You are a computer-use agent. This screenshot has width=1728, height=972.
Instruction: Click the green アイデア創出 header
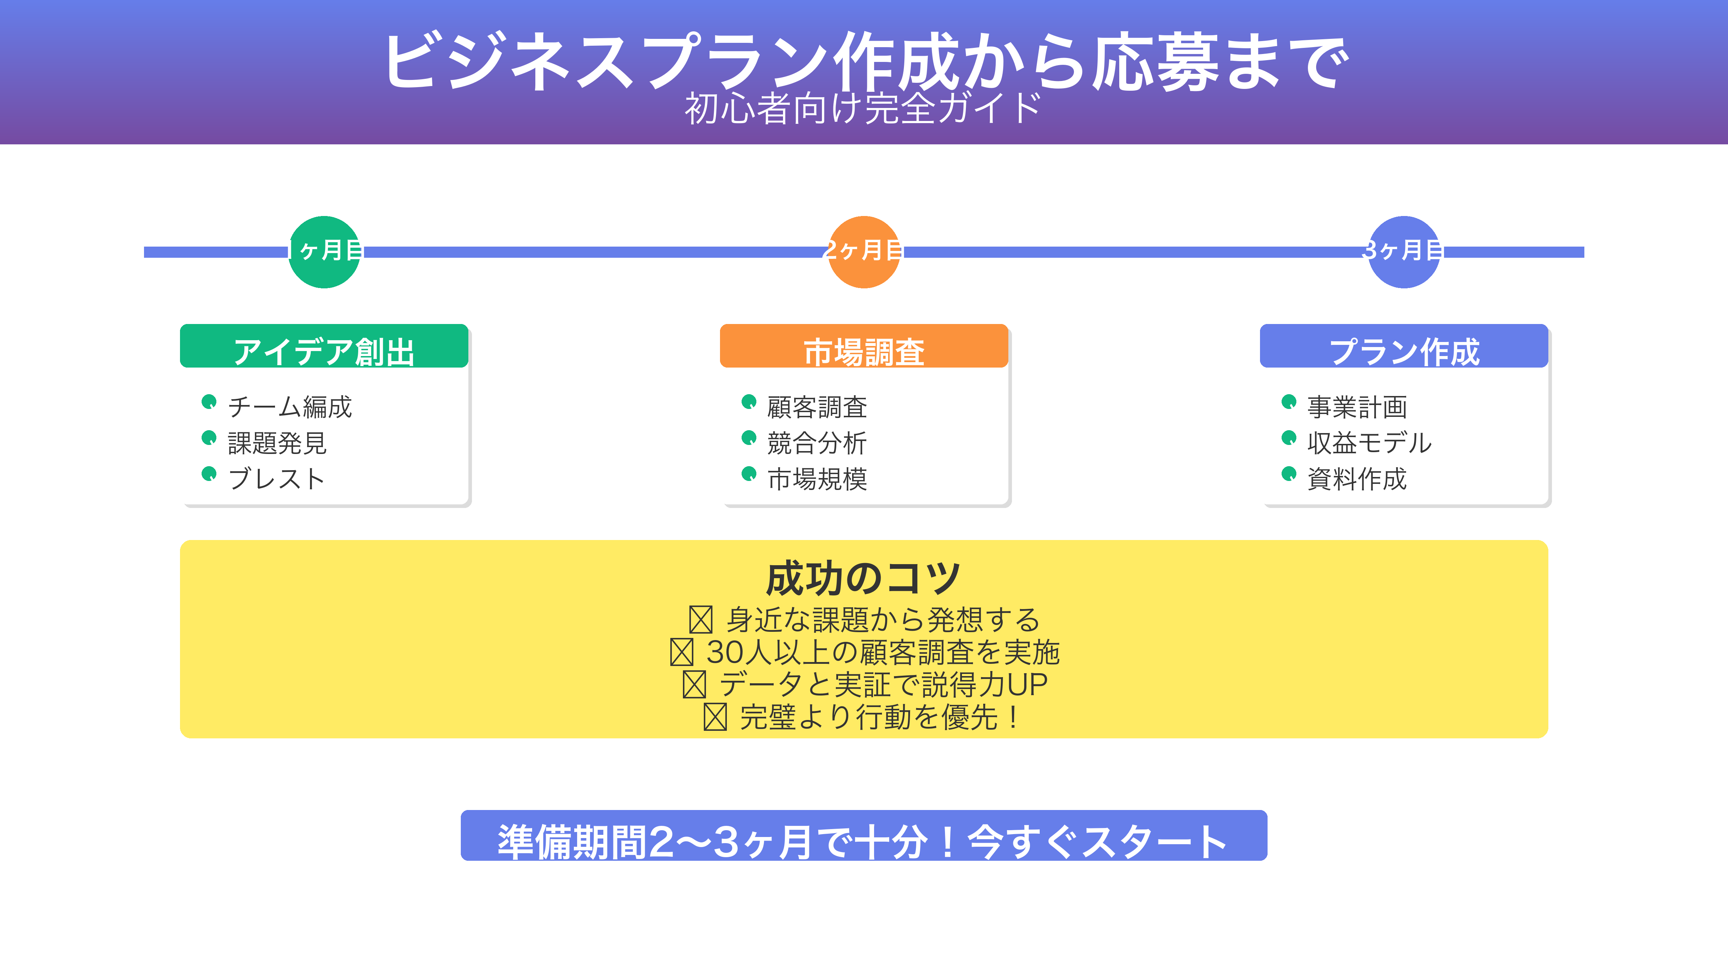pyautogui.click(x=324, y=346)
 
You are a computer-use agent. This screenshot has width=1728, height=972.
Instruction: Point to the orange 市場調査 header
pyautogui.click(x=864, y=346)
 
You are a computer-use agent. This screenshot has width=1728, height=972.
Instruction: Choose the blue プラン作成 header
pyautogui.click(x=1404, y=346)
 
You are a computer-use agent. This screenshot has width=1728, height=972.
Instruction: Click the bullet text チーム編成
pyautogui.click(x=290, y=406)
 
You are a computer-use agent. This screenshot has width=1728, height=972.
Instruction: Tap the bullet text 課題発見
pyautogui.click(x=277, y=443)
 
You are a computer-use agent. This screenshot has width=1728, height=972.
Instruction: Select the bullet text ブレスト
pyautogui.click(x=276, y=479)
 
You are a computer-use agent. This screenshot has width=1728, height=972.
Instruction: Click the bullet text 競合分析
pyautogui.click(x=817, y=443)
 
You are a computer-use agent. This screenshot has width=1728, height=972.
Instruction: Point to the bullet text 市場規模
pyautogui.click(x=817, y=479)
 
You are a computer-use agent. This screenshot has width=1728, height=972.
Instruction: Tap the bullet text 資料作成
pyautogui.click(x=1357, y=479)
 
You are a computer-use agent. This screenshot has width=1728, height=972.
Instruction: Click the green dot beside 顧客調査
pyautogui.click(x=749, y=402)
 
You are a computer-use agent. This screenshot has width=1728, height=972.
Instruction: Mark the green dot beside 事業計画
pyautogui.click(x=1289, y=402)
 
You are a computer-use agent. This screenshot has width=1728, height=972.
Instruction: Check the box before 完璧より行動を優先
pyautogui.click(x=715, y=717)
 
